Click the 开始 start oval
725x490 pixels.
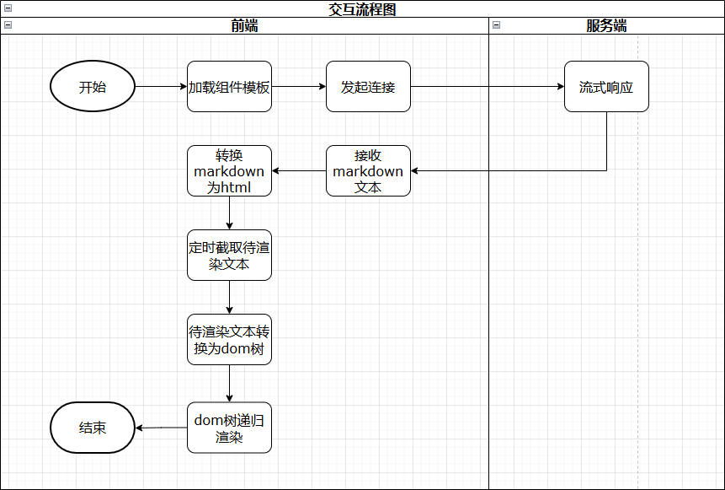(93, 87)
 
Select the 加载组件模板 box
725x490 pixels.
(229, 87)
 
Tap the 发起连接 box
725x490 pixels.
(368, 87)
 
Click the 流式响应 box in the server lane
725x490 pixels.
(606, 87)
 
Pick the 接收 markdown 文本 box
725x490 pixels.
(368, 171)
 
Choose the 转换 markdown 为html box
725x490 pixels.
(229, 171)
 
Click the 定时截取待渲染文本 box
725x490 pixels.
(229, 256)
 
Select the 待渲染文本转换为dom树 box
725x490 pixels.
(229, 340)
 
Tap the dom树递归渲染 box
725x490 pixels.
(229, 428)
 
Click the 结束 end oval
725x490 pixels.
(93, 428)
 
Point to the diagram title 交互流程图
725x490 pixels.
(362, 9)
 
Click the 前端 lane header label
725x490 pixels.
(244, 25)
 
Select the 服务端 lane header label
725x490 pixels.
(606, 25)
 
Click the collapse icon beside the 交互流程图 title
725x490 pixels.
(8, 8)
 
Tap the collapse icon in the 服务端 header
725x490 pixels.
(496, 25)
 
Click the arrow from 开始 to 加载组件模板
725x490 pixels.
(160, 87)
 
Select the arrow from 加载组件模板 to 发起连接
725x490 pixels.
(299, 87)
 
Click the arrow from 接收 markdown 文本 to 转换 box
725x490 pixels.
(299, 171)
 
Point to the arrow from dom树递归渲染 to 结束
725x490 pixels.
(162, 428)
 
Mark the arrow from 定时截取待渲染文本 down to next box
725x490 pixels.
(229, 297)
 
